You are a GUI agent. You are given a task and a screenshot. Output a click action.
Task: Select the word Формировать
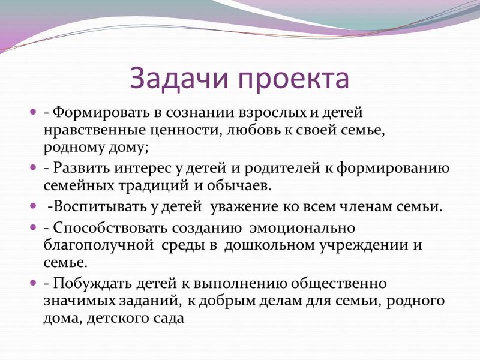coord(102,113)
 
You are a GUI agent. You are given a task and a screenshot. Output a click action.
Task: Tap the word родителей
coord(281,169)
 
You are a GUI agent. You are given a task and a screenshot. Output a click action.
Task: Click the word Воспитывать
coord(101,207)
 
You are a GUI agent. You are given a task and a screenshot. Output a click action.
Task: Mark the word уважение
coord(245,208)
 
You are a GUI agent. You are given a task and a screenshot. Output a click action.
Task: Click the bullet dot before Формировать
coord(33,112)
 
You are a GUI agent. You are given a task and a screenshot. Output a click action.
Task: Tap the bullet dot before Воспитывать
coord(33,205)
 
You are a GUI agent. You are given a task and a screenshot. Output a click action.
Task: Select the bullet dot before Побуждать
coord(33,282)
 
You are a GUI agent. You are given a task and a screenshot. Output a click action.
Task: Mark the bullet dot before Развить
coord(33,167)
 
